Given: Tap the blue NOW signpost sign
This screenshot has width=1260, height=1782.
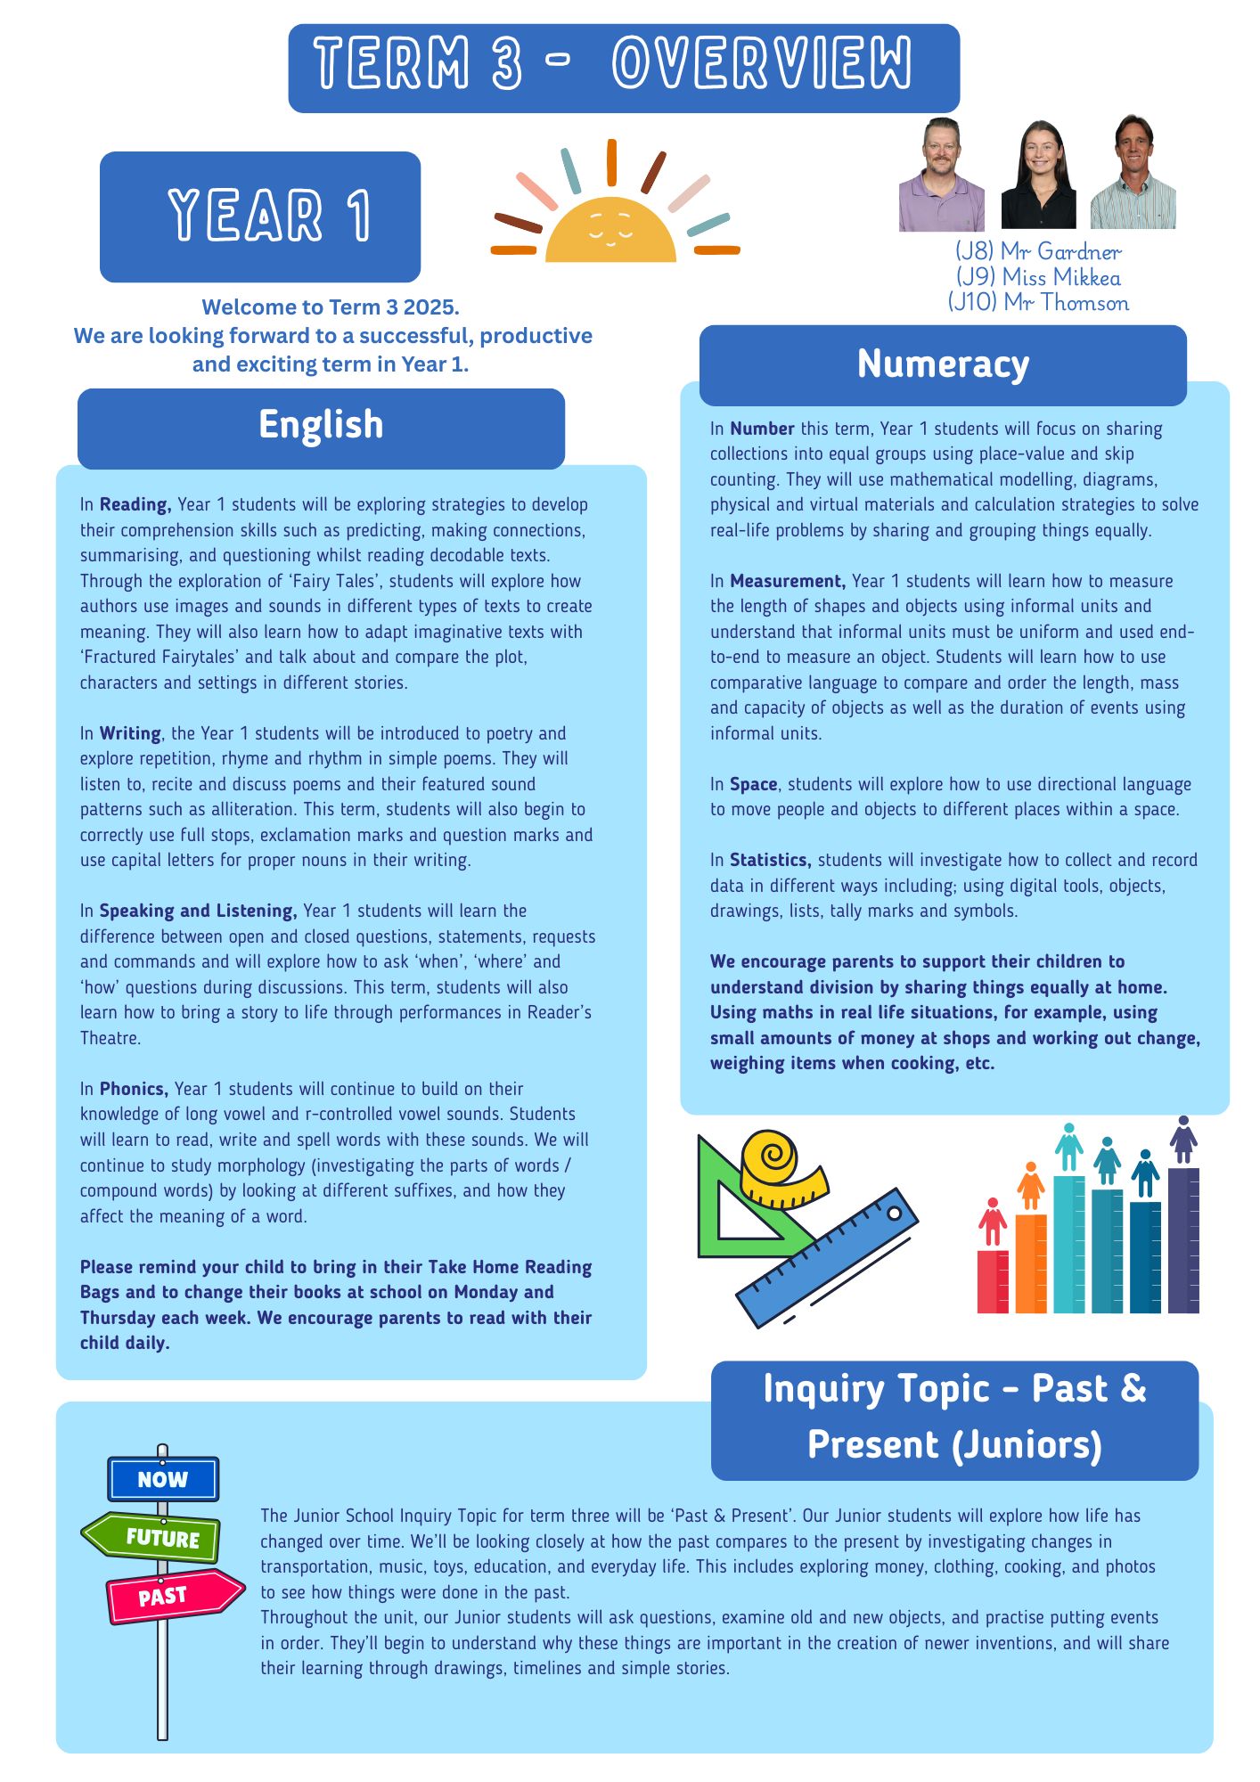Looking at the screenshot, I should pyautogui.click(x=163, y=1479).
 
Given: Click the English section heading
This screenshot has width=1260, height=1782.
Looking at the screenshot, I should pyautogui.click(x=321, y=425).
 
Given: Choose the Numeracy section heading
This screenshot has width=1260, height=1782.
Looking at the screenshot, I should pyautogui.click(x=943, y=364).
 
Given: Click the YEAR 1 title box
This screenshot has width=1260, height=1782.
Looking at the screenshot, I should pyautogui.click(x=260, y=217).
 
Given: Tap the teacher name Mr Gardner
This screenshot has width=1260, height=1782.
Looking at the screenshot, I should pyautogui.click(x=1038, y=252).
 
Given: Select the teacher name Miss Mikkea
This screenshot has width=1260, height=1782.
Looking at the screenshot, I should pyautogui.click(x=1039, y=278).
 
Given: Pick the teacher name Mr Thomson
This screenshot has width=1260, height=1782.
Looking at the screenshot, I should pyautogui.click(x=1039, y=303).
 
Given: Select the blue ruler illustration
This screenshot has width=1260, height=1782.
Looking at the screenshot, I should pyautogui.click(x=829, y=1256).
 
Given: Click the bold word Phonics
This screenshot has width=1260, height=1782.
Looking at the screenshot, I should pyautogui.click(x=133, y=1089).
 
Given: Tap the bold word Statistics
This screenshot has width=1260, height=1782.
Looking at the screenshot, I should pyautogui.click(x=769, y=860).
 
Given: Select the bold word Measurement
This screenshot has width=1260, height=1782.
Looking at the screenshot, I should pyautogui.click(x=787, y=581).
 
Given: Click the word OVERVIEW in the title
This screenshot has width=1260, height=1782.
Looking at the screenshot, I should pyautogui.click(x=762, y=64).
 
